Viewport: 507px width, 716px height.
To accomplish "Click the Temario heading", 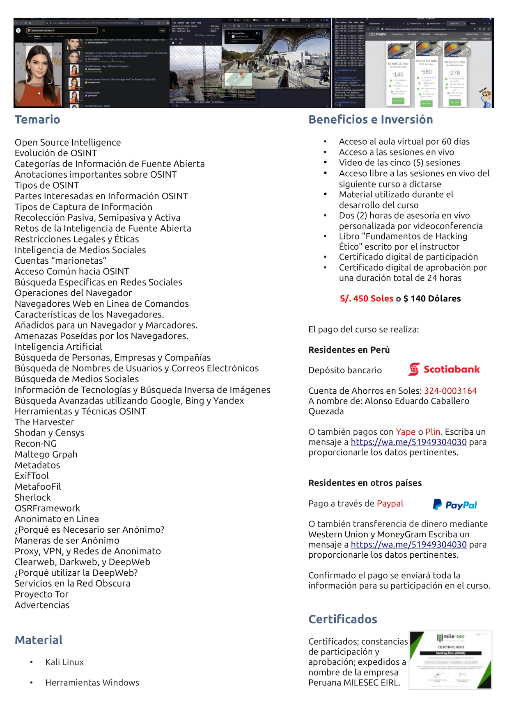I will pos(37,120).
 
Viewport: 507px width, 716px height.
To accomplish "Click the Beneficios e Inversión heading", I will pos(370,120).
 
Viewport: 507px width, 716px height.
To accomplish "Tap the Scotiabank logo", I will pos(443,369).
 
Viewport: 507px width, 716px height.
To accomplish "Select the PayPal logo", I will pos(455,505).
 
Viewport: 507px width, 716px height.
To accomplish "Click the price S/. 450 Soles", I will pos(366,299).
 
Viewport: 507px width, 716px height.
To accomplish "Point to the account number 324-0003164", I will pos(450,391).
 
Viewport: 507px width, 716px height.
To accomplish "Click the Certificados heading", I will pos(342,619).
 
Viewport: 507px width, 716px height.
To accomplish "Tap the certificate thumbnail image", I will pos(450,660).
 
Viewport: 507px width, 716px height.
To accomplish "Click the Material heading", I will pos(39,640).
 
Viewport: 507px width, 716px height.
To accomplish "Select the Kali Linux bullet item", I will pos(64,662).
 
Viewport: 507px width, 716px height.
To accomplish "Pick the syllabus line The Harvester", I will pos(44,422).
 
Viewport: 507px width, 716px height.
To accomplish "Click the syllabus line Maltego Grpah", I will pos(46,454).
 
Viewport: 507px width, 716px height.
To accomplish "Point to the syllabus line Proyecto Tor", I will pos(41,594).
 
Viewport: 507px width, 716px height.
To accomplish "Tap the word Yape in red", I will pos(405,432).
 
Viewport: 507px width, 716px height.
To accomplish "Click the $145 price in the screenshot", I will pos(398,75).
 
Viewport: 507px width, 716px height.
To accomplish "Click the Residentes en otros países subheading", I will pos(365,483).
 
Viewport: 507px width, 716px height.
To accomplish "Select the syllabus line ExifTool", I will pos(32,476).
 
